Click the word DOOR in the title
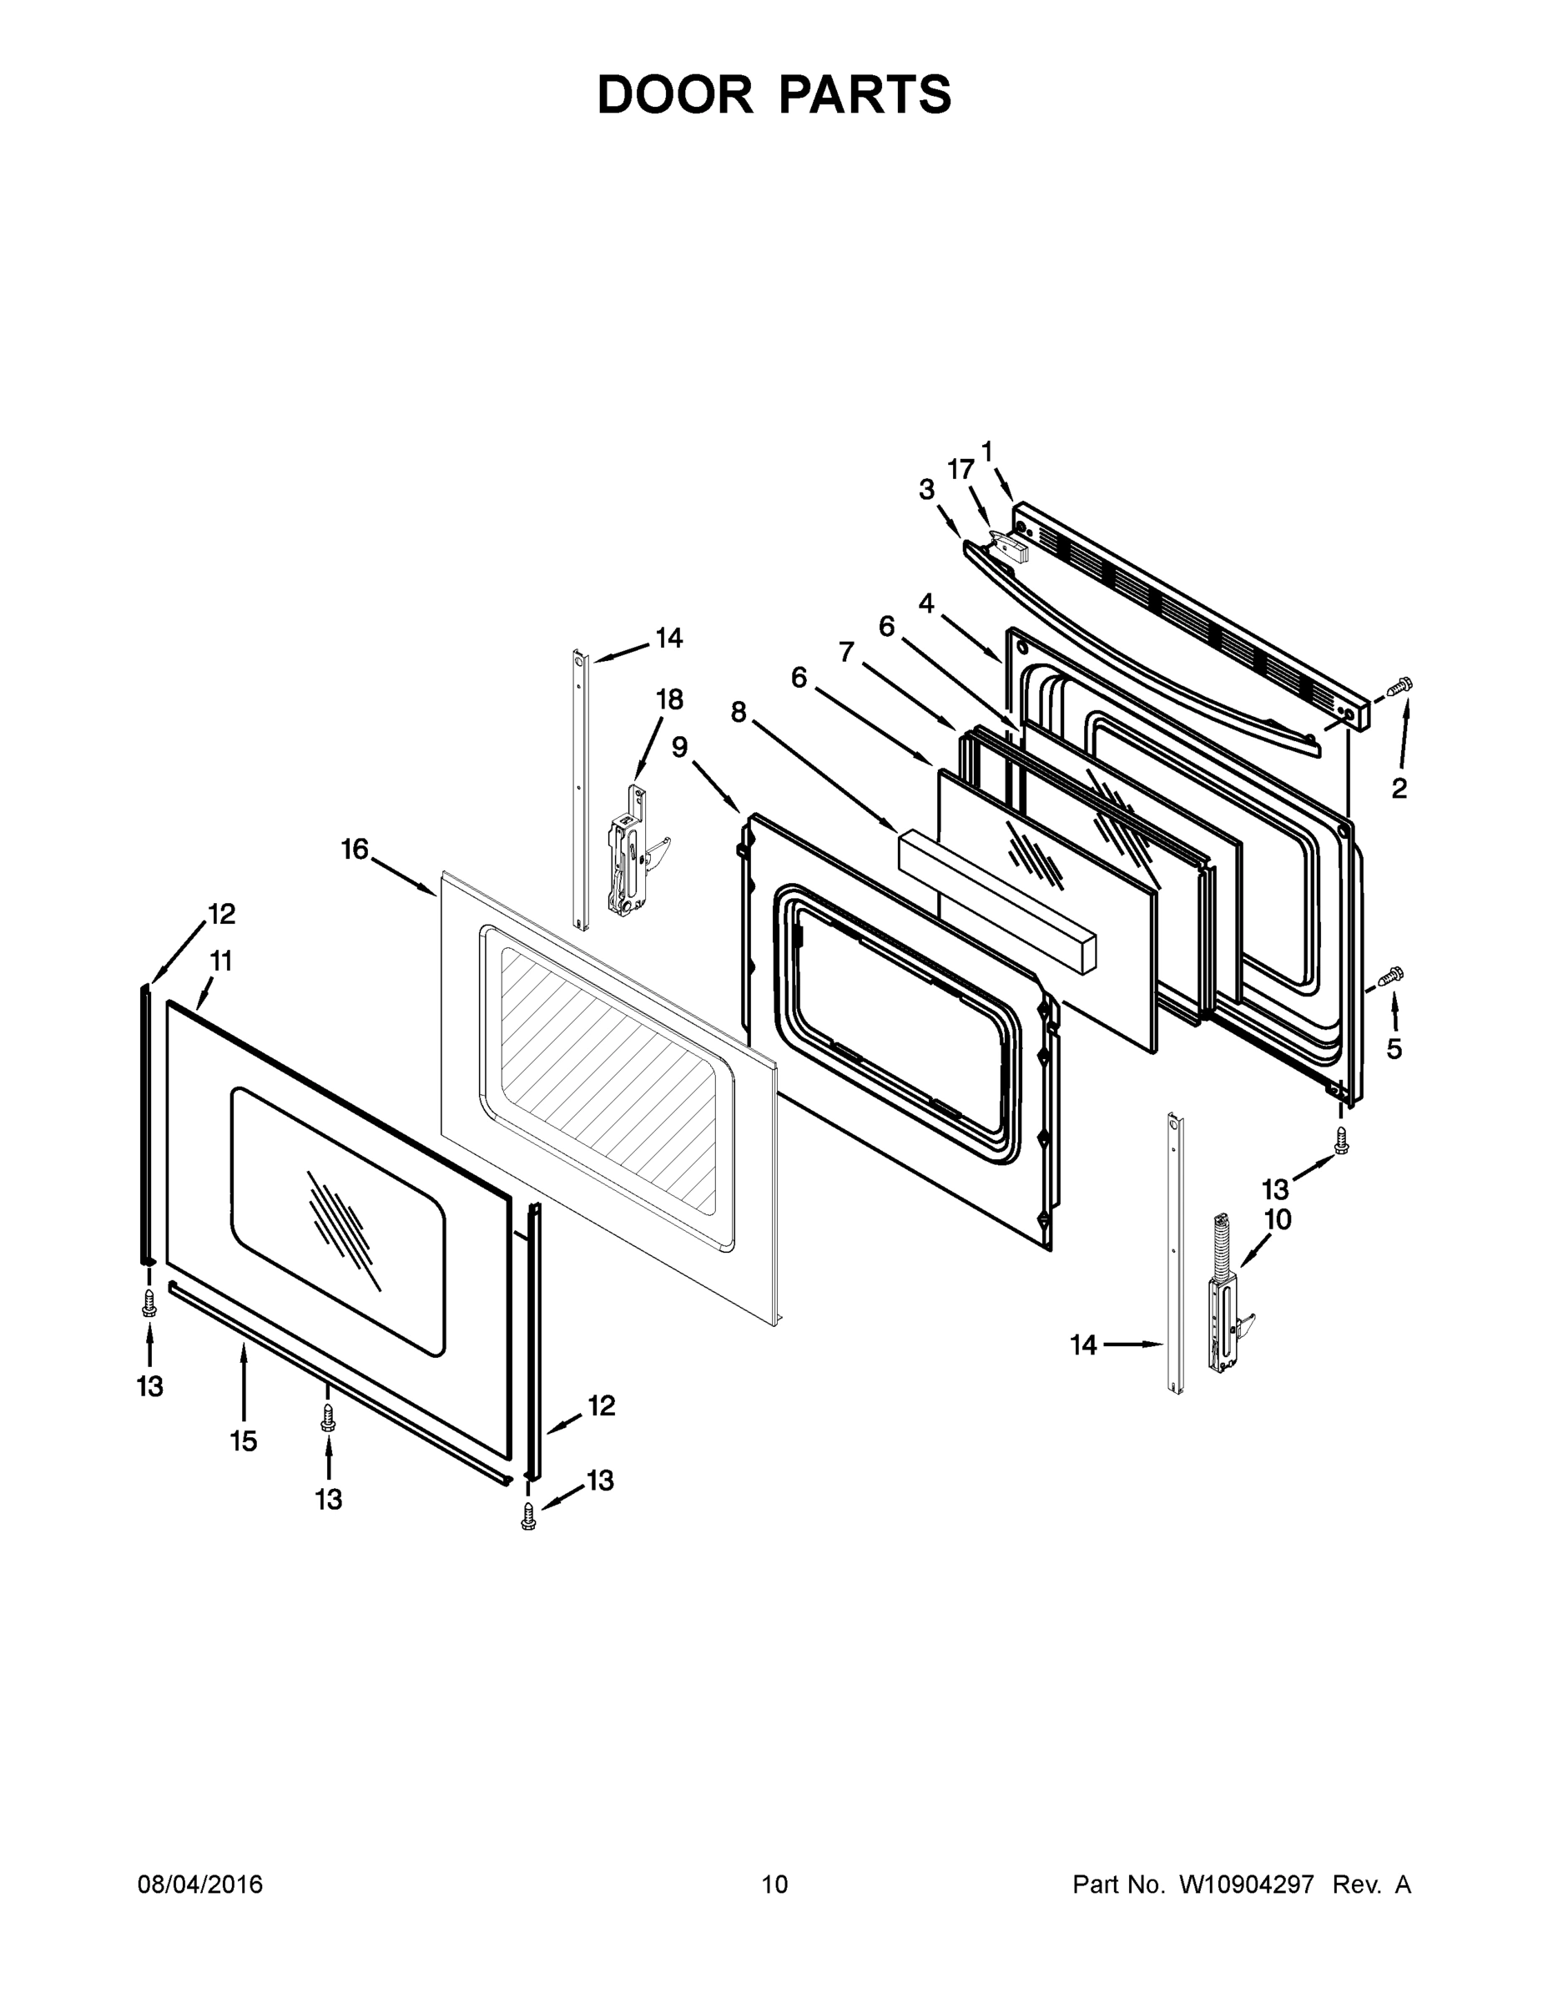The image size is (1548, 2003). coord(675,94)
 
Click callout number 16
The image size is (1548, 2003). coord(355,850)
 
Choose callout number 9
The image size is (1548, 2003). coord(679,748)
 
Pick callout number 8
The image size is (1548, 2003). coord(739,712)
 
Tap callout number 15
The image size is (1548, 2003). coord(243,1441)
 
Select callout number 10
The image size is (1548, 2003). coord(1278,1220)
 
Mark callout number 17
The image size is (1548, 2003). coord(961,470)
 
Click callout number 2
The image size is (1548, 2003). coord(1399,789)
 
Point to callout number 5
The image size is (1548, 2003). coord(1394,1049)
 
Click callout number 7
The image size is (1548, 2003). coord(846,652)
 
